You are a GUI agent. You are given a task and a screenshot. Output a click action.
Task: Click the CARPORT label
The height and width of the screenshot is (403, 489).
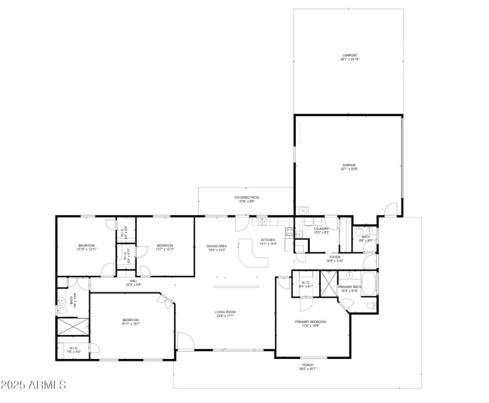(x=349, y=55)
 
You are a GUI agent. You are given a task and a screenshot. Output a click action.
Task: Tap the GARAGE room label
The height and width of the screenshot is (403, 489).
(x=349, y=165)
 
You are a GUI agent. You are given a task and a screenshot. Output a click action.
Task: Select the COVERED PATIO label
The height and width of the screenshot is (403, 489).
(x=247, y=198)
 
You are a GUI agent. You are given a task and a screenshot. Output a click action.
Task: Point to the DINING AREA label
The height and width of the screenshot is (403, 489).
(x=216, y=246)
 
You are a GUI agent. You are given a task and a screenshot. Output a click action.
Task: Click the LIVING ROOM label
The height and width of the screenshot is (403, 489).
(x=225, y=312)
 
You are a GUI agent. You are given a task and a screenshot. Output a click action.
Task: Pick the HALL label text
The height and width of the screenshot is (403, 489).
(x=133, y=281)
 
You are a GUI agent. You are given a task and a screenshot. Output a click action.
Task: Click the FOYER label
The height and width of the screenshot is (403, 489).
(x=334, y=257)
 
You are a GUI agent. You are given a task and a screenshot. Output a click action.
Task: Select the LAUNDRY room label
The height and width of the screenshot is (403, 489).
(x=322, y=229)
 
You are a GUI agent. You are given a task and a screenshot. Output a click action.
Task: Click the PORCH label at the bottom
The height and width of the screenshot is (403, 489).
(x=307, y=364)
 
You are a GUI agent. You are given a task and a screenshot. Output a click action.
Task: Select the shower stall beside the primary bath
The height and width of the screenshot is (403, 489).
(x=328, y=283)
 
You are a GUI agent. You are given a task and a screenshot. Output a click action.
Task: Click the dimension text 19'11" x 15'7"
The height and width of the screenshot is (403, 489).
(x=131, y=324)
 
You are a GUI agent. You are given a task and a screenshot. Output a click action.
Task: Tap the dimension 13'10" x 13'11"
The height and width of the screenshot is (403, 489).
(x=86, y=249)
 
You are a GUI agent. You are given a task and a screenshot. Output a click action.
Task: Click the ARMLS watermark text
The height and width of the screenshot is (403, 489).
(x=34, y=385)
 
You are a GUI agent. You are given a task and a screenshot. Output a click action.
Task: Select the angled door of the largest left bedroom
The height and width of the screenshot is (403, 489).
(x=167, y=301)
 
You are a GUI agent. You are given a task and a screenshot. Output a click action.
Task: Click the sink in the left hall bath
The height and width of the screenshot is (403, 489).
(x=62, y=301)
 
